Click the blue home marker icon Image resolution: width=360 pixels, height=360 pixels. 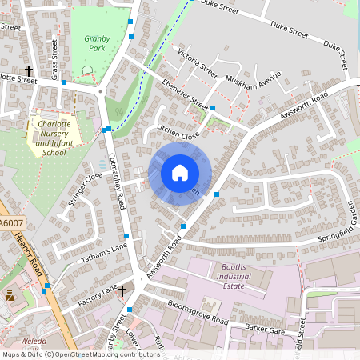pos(180,173)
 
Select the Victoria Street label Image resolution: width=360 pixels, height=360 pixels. pos(198,63)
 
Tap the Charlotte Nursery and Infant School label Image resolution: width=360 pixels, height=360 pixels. pos(54,138)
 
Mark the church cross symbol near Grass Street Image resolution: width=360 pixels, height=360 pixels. pos(30,70)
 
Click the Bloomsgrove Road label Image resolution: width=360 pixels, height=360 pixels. pos(194,318)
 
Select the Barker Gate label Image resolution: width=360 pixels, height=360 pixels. pos(266,328)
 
